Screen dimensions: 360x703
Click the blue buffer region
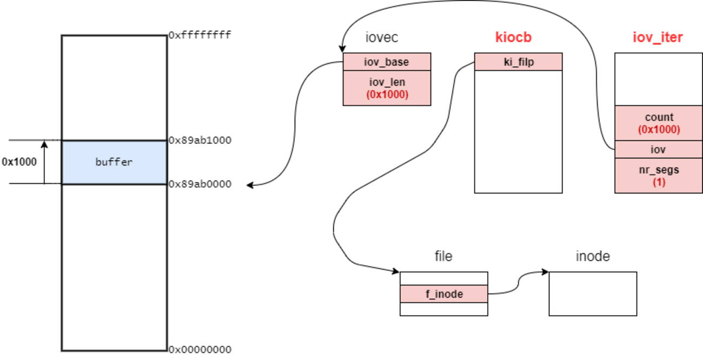pyautogui.click(x=114, y=162)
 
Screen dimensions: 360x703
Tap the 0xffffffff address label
pyautogui.click(x=200, y=36)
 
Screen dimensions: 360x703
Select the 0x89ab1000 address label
pyautogui.click(x=200, y=141)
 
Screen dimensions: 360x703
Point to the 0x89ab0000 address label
pyautogui.click(x=200, y=184)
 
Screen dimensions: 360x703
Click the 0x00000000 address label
pyautogui.click(x=200, y=349)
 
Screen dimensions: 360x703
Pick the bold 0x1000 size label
pyautogui.click(x=19, y=162)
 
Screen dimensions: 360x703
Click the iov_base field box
pyautogui.click(x=387, y=62)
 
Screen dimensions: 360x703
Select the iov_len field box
pyautogui.click(x=387, y=88)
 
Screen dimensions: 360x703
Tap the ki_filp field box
pyautogui.click(x=518, y=62)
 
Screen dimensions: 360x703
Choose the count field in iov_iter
pyautogui.click(x=659, y=123)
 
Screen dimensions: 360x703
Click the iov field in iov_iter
pyautogui.click(x=659, y=149)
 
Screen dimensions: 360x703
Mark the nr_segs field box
pyautogui.click(x=659, y=176)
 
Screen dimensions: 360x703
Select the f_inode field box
pyautogui.click(x=443, y=294)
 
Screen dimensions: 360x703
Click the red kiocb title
pyautogui.click(x=514, y=37)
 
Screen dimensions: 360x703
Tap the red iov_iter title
pyautogui.click(x=658, y=37)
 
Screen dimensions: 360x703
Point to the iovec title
pyautogui.click(x=382, y=37)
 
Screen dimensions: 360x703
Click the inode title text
pyautogui.click(x=593, y=256)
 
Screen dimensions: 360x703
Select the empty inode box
pyautogui.click(x=593, y=294)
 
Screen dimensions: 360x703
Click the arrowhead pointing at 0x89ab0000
pyautogui.click(x=250, y=185)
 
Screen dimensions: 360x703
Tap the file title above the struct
pyautogui.click(x=443, y=256)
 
